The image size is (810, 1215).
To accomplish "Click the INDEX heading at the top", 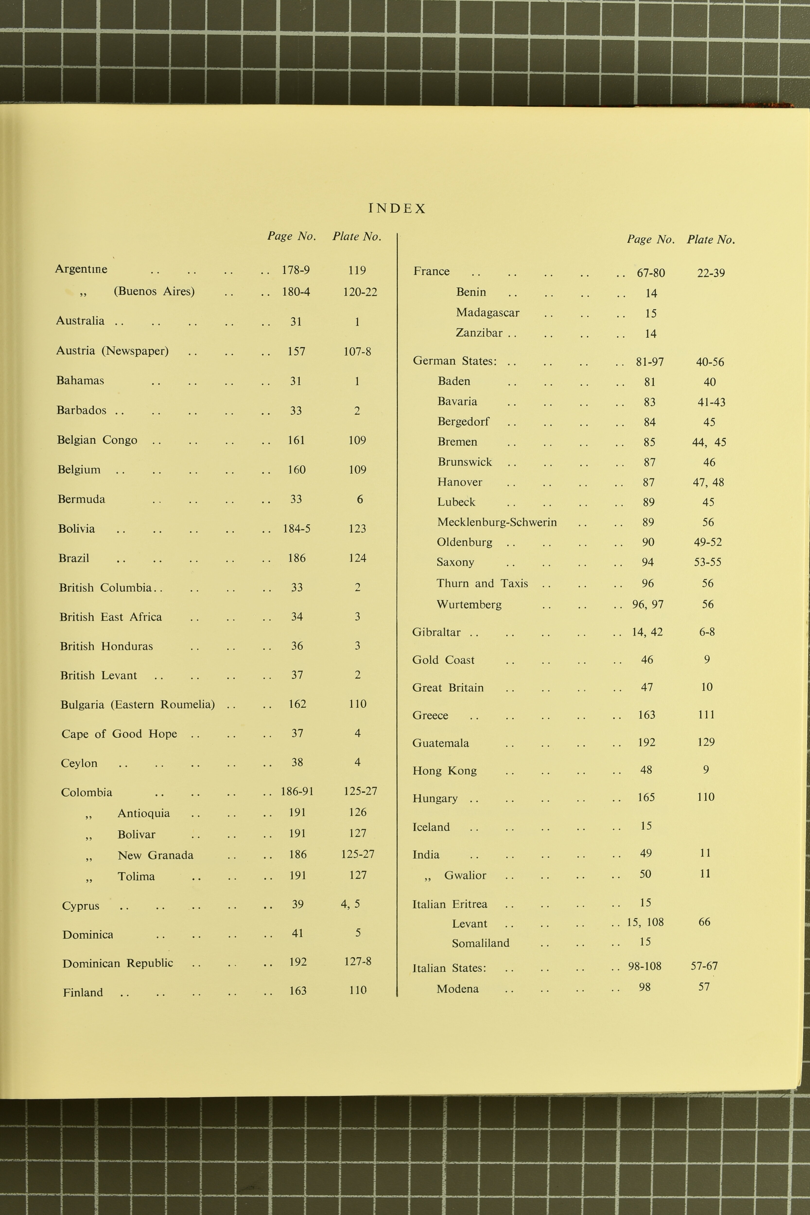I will coord(397,209).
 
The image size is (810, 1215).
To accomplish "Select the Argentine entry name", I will coord(81,269).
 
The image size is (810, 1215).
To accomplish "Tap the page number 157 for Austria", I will coord(296,351).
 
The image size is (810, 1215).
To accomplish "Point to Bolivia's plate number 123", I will coord(357,529).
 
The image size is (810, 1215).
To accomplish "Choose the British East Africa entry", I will coord(111,617).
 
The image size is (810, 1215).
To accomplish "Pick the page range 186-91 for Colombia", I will coord(297,791).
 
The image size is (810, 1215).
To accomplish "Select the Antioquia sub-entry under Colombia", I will coord(144,813).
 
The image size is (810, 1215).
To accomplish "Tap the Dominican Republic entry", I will coord(118,963).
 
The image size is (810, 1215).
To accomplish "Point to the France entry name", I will coord(431,271).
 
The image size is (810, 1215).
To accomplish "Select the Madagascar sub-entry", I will coord(487,312).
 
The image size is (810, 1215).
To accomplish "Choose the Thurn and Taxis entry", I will coord(482,583).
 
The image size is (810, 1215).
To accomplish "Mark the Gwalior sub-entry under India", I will coord(465,875).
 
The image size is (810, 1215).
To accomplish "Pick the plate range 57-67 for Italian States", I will coord(704,965).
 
